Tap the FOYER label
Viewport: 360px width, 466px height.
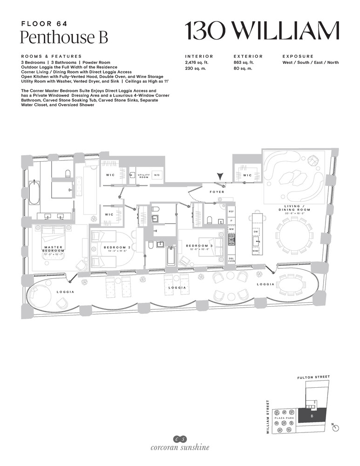click(x=217, y=192)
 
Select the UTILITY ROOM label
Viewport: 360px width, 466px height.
click(x=143, y=176)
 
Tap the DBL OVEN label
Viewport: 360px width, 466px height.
click(x=231, y=259)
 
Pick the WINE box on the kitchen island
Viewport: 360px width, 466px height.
click(x=256, y=251)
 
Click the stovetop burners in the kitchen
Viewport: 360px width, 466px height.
click(x=231, y=240)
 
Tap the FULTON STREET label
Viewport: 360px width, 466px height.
click(x=313, y=377)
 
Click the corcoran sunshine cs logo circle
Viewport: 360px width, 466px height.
click(x=180, y=439)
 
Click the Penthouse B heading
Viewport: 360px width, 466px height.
click(x=64, y=37)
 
